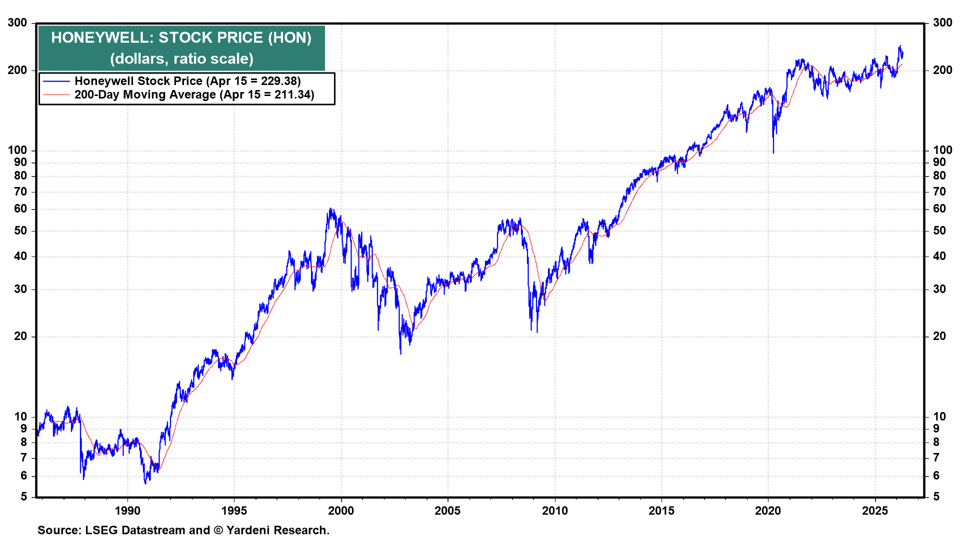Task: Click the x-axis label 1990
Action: coord(127,510)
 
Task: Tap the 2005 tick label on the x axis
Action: coord(447,510)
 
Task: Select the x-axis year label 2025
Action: coord(875,510)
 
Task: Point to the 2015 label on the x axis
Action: coord(661,510)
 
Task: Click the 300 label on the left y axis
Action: coord(17,23)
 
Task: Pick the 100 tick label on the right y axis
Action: coord(942,150)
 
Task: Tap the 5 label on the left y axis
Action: coord(23,497)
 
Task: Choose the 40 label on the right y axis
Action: coord(939,256)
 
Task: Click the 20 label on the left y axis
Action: coord(20,336)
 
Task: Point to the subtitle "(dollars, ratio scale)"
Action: coord(181,59)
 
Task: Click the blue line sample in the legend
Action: coord(56,81)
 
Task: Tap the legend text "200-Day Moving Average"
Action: coord(145,95)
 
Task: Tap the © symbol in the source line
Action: coord(218,530)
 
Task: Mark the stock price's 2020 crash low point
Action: coord(773,152)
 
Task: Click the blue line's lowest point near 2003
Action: coord(400,353)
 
